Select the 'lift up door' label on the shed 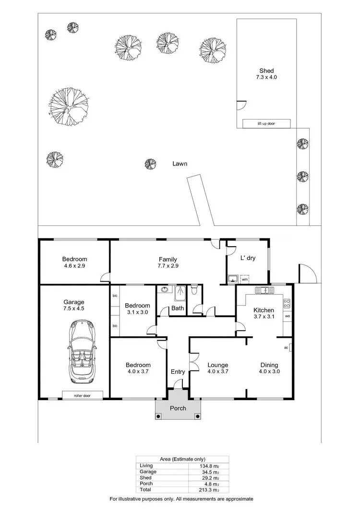(266, 124)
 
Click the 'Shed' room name (266, 71)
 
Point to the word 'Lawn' (180, 164)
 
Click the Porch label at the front (178, 408)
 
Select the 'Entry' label (178, 372)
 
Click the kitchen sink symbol (264, 290)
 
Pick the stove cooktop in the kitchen (287, 303)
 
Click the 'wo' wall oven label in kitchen (287, 317)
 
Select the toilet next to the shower (194, 291)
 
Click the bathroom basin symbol (165, 290)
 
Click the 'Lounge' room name (217, 365)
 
